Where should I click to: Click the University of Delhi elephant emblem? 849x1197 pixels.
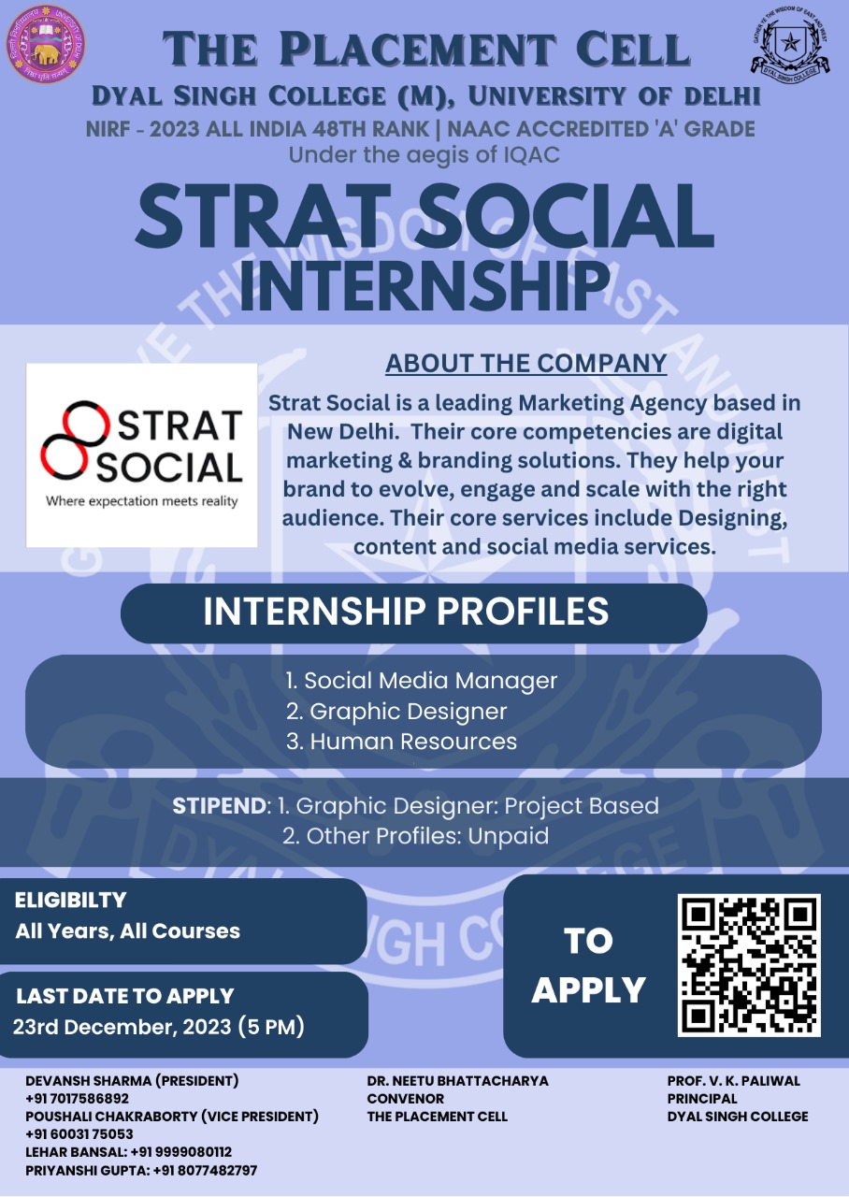click(46, 43)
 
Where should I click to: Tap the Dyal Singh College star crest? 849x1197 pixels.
click(791, 44)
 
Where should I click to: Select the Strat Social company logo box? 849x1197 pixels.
click(141, 454)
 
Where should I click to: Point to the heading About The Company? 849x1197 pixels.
click(526, 364)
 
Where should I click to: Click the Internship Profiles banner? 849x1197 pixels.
click(413, 613)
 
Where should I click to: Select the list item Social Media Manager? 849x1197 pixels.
click(422, 680)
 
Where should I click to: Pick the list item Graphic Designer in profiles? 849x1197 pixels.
click(396, 712)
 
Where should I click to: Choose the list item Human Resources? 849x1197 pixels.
click(402, 742)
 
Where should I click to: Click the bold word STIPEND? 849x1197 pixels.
click(219, 806)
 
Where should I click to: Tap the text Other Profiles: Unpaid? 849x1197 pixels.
click(416, 836)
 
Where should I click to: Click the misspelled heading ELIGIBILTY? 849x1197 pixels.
click(70, 900)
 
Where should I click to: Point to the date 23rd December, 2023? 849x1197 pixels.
click(122, 1027)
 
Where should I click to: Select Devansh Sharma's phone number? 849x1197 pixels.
click(77, 1098)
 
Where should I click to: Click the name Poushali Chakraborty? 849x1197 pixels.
click(110, 1117)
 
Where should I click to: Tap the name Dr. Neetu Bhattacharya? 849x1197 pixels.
click(457, 1080)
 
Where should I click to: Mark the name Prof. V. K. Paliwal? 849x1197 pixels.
click(734, 1080)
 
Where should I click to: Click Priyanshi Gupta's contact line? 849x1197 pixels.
click(141, 1170)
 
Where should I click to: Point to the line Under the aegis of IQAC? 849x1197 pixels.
click(424, 155)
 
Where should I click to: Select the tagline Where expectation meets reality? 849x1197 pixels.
click(141, 501)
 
